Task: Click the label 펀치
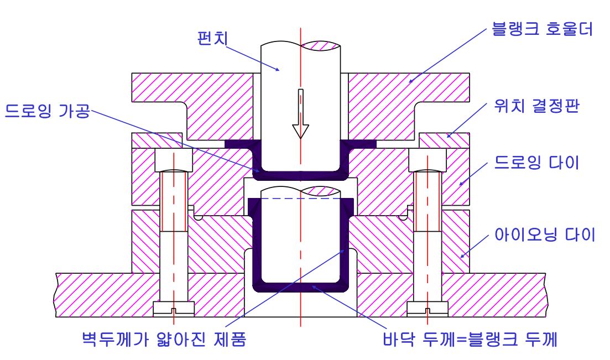click(213, 38)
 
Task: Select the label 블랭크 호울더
click(542, 29)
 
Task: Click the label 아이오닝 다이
click(544, 235)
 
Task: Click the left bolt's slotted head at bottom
click(174, 309)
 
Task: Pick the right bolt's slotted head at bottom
click(427, 309)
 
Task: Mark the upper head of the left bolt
click(174, 160)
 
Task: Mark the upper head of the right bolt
click(427, 160)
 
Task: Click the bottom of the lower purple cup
click(300, 286)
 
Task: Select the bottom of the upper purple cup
click(300, 175)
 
